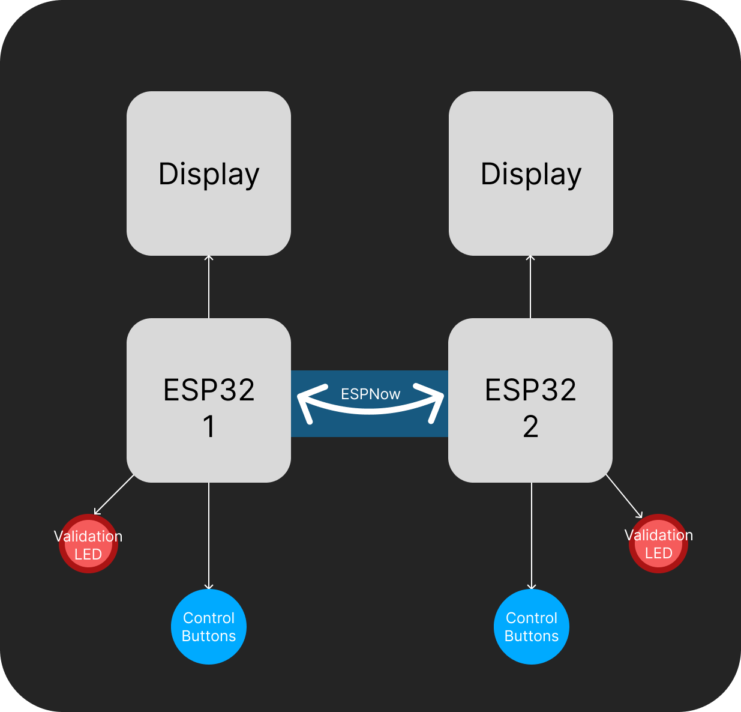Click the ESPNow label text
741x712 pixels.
(x=370, y=394)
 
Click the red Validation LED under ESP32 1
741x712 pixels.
(x=88, y=545)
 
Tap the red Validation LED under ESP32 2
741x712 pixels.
(x=658, y=544)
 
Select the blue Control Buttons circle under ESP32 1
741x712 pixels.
(x=209, y=627)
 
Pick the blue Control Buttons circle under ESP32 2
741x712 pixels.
(x=532, y=627)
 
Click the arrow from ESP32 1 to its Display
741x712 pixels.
(x=209, y=287)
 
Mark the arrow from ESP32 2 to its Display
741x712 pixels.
(x=530, y=287)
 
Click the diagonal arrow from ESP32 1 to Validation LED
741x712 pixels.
(x=114, y=495)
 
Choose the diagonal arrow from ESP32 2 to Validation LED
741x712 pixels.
(x=624, y=496)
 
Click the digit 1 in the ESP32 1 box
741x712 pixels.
(x=209, y=427)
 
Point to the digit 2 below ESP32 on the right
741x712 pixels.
(x=530, y=427)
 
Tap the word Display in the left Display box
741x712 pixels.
(x=209, y=174)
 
